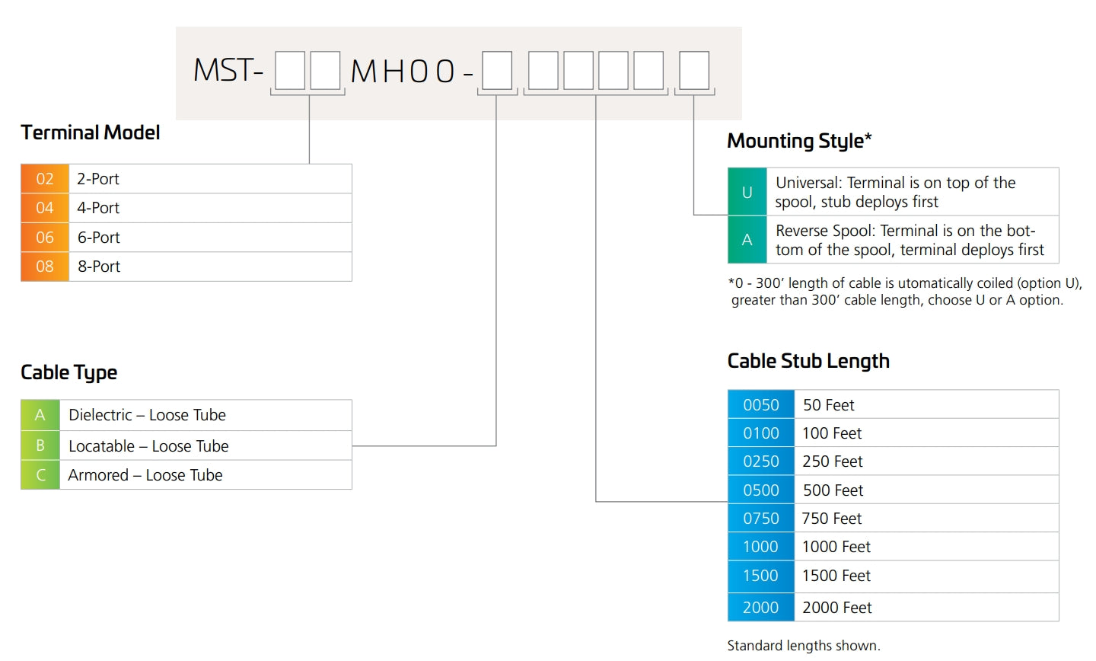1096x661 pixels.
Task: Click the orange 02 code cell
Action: [44, 179]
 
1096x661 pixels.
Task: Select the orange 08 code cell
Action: [44, 267]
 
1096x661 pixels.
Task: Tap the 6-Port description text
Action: [98, 238]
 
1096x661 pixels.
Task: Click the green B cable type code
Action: [40, 445]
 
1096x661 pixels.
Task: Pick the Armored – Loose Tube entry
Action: [145, 475]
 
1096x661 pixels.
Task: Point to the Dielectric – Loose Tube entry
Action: [148, 415]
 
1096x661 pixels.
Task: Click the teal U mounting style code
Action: [747, 192]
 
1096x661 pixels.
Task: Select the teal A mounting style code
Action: [747, 239]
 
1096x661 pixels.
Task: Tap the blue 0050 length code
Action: [761, 404]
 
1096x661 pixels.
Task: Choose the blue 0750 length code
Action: [761, 518]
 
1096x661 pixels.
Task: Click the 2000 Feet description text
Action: [836, 608]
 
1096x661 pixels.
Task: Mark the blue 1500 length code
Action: [761, 576]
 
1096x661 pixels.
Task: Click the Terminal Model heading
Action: [90, 133]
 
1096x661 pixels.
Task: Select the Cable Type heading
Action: [69, 373]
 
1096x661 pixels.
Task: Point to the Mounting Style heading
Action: [799, 141]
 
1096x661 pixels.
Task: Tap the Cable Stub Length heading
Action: [808, 362]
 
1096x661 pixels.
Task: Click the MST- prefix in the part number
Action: [228, 70]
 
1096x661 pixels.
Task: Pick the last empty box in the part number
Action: [694, 71]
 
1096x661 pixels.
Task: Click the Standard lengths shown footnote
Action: [804, 646]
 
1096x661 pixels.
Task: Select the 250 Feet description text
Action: [833, 461]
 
